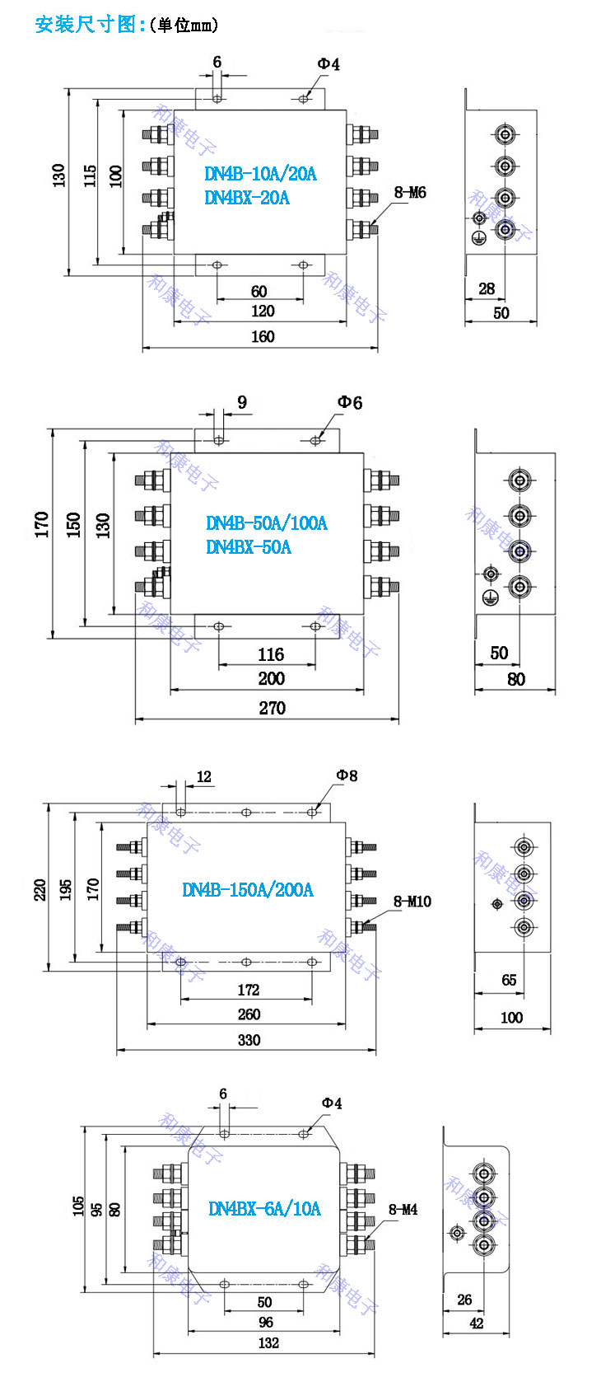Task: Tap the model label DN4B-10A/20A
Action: point(260,174)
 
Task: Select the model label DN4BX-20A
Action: point(247,198)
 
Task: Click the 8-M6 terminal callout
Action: point(410,193)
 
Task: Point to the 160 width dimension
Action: point(263,336)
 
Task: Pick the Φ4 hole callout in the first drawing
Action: point(328,63)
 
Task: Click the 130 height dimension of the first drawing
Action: point(58,175)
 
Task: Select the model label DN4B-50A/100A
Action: point(266,523)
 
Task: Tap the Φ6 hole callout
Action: point(349,402)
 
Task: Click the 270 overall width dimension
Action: point(272,708)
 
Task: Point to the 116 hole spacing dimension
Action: point(270,654)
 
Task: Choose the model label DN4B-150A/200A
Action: point(247,890)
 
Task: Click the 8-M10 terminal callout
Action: point(412,902)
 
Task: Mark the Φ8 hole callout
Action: point(347,775)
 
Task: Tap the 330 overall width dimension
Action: point(249,1040)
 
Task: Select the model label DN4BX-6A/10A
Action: point(264,1209)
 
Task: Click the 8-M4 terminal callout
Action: point(403,1210)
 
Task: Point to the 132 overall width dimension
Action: point(268,1342)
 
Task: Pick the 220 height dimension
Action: point(40,890)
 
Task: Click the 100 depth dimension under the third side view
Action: point(511,1018)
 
